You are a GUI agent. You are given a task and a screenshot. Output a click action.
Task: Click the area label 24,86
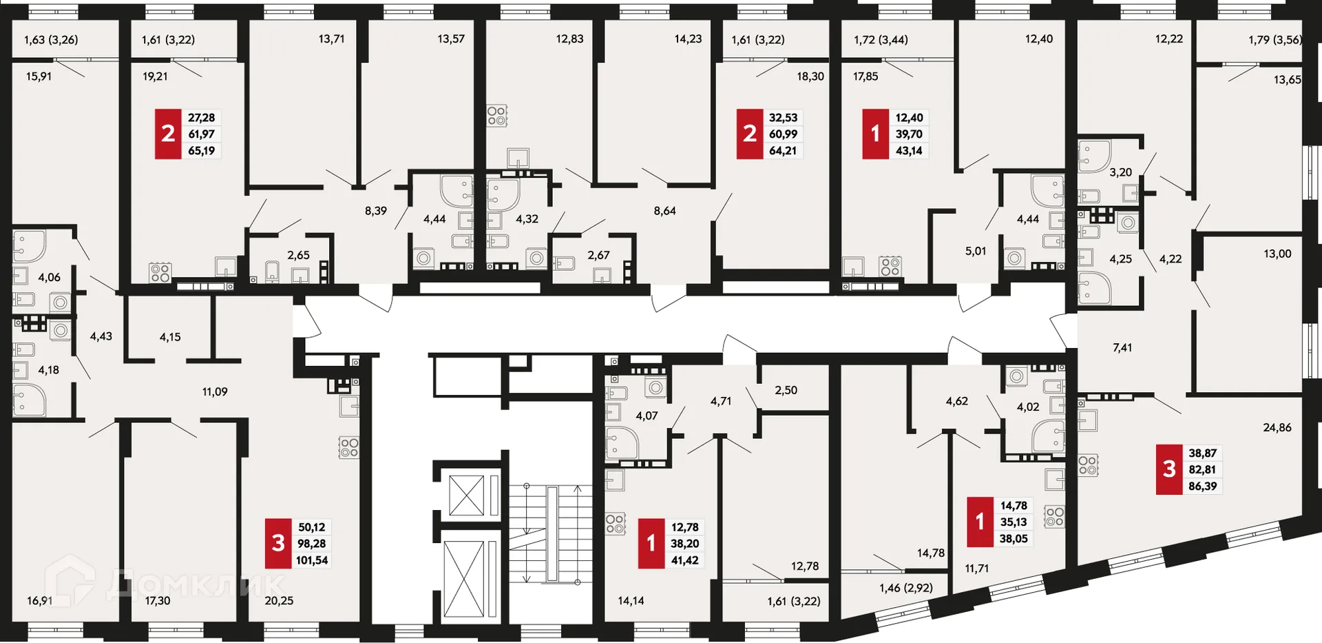[x=1277, y=427]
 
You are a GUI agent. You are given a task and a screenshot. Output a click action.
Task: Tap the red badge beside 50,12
[x=278, y=543]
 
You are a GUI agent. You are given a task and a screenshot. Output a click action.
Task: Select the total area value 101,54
[x=312, y=560]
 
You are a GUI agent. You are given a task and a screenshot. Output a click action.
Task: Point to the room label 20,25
[x=279, y=600]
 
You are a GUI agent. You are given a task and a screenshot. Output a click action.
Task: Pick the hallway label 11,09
[x=215, y=391]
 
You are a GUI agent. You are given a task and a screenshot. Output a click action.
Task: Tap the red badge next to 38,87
[x=1168, y=469]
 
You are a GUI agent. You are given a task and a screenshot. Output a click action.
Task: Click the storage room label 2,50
[x=786, y=390]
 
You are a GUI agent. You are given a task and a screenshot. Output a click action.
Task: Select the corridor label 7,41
[x=1122, y=348]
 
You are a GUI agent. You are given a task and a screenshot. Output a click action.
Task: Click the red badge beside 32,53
[x=749, y=134]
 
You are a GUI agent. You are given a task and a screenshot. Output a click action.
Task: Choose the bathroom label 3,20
[x=1120, y=172]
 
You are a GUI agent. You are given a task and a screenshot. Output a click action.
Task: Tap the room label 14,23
[x=688, y=39]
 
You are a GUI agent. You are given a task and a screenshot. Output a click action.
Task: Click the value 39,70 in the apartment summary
[x=909, y=134]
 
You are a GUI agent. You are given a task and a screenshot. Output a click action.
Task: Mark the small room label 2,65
[x=298, y=255]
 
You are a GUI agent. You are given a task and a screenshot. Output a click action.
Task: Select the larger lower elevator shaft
[x=464, y=579]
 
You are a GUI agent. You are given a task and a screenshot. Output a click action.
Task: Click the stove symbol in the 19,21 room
[x=160, y=273]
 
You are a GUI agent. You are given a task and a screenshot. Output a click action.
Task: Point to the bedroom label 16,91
[x=39, y=600]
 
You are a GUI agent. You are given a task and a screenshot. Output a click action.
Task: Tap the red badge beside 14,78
[x=980, y=522]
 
